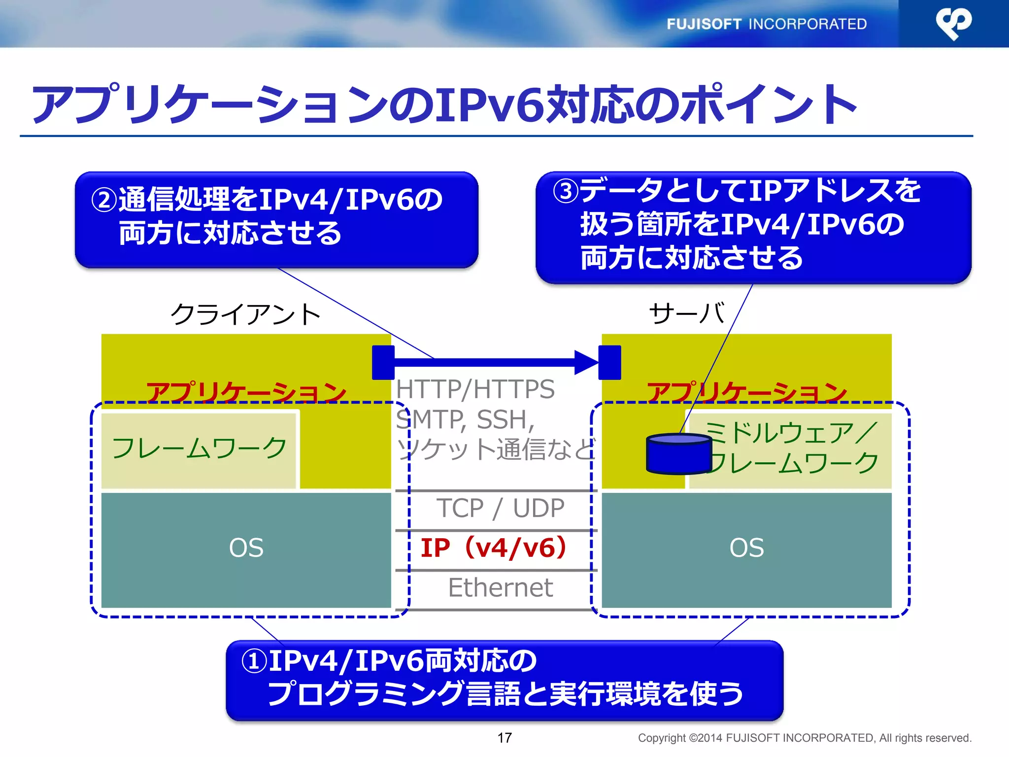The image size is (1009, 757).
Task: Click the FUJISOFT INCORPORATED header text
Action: pyautogui.click(x=766, y=24)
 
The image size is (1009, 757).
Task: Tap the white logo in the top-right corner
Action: pyautogui.click(x=953, y=23)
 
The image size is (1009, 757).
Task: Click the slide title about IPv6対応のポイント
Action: pyautogui.click(x=443, y=105)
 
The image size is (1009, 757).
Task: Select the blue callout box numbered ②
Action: pyautogui.click(x=276, y=220)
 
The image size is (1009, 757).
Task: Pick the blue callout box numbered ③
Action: pyautogui.click(x=753, y=227)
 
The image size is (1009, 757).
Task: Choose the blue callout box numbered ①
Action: pyautogui.click(x=504, y=680)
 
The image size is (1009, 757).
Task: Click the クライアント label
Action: pyautogui.click(x=245, y=314)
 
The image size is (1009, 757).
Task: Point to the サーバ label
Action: pyautogui.click(x=687, y=313)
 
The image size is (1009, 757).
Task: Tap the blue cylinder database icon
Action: pyautogui.click(x=678, y=453)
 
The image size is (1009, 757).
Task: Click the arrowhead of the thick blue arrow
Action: pyautogui.click(x=586, y=363)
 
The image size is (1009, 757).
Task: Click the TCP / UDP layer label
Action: pyautogui.click(x=500, y=508)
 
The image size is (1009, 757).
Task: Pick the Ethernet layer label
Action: pyautogui.click(x=500, y=587)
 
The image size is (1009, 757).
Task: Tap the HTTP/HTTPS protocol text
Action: pyautogui.click(x=475, y=389)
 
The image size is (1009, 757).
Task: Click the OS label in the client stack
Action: pyautogui.click(x=246, y=548)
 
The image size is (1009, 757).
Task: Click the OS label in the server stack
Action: pyautogui.click(x=746, y=548)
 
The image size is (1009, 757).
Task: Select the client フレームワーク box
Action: pyautogui.click(x=199, y=449)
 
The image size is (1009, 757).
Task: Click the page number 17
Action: pyautogui.click(x=504, y=738)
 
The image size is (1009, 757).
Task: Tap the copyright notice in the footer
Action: pyautogui.click(x=804, y=738)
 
